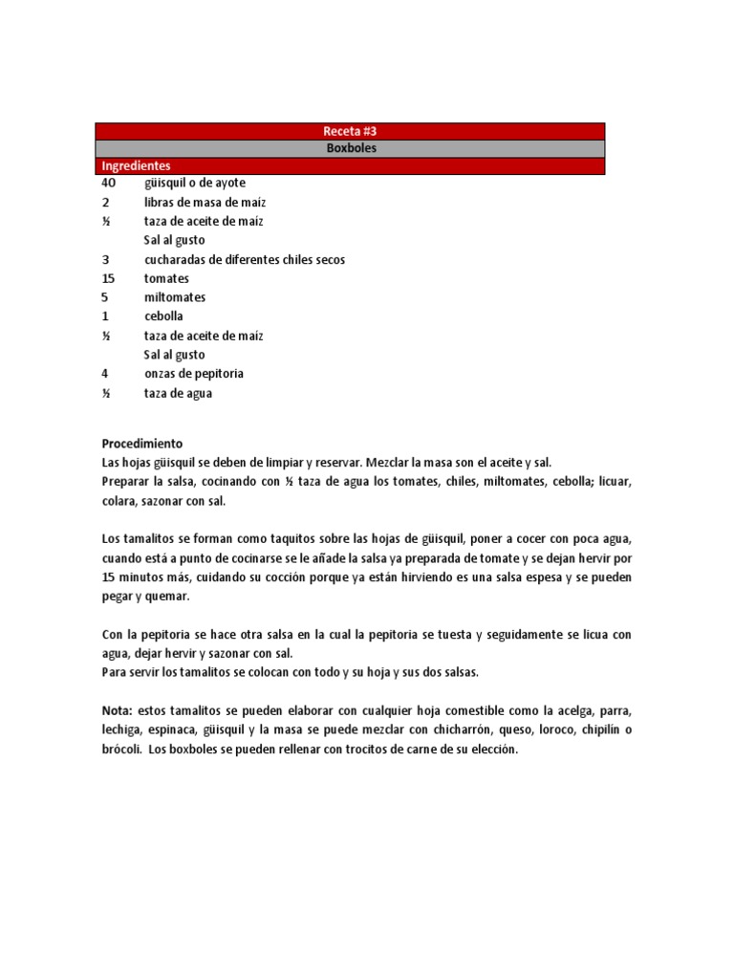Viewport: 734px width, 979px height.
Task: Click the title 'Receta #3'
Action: pyautogui.click(x=350, y=131)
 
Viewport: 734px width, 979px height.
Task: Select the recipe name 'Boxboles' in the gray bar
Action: pyautogui.click(x=350, y=148)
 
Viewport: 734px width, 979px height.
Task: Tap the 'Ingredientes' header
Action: pyautogui.click(x=137, y=165)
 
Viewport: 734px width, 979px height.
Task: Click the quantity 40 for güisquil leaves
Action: pyautogui.click(x=108, y=183)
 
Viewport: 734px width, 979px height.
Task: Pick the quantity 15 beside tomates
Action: pyautogui.click(x=108, y=278)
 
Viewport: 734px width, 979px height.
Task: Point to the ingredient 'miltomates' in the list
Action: pyautogui.click(x=175, y=297)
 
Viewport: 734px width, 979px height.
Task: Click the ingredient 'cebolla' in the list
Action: pyautogui.click(x=163, y=316)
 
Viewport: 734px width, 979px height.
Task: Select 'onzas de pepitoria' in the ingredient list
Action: pyautogui.click(x=194, y=374)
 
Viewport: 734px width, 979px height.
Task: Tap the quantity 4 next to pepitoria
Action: pyautogui.click(x=105, y=374)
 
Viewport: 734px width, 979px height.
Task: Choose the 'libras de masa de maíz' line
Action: pyautogui.click(x=205, y=202)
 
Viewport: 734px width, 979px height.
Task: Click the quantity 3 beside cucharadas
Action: pyautogui.click(x=105, y=259)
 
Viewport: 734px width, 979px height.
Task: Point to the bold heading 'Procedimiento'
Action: pyautogui.click(x=141, y=444)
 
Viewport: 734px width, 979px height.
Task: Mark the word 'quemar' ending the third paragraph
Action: pyautogui.click(x=169, y=597)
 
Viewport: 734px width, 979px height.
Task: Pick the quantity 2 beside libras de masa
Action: pyautogui.click(x=105, y=202)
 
